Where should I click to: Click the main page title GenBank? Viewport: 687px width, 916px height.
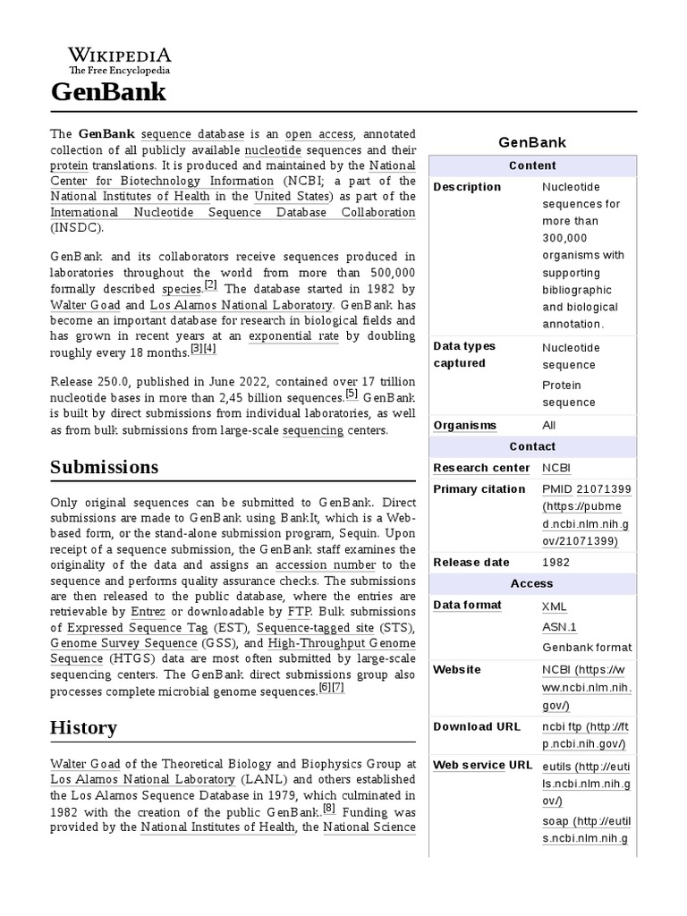click(x=107, y=91)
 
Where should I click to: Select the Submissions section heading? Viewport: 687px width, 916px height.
click(x=104, y=467)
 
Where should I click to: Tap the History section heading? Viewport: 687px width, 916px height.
click(x=82, y=728)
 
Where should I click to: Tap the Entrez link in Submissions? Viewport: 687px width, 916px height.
click(x=148, y=611)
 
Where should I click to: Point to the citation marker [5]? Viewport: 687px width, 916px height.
click(x=352, y=394)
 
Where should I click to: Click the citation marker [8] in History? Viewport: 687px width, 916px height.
click(x=329, y=809)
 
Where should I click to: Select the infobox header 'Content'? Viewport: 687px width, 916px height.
click(x=532, y=165)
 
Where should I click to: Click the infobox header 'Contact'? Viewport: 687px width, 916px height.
click(x=532, y=446)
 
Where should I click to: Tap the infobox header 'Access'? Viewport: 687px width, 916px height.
click(x=532, y=583)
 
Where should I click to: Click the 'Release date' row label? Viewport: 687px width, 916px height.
click(x=471, y=563)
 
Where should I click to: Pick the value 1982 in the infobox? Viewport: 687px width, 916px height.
click(x=556, y=563)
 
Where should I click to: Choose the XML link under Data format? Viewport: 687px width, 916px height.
click(x=555, y=606)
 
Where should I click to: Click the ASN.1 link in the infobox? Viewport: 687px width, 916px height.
click(x=559, y=627)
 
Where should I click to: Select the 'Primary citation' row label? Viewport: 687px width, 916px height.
click(x=479, y=489)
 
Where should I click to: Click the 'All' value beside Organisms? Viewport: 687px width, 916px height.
click(x=549, y=425)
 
